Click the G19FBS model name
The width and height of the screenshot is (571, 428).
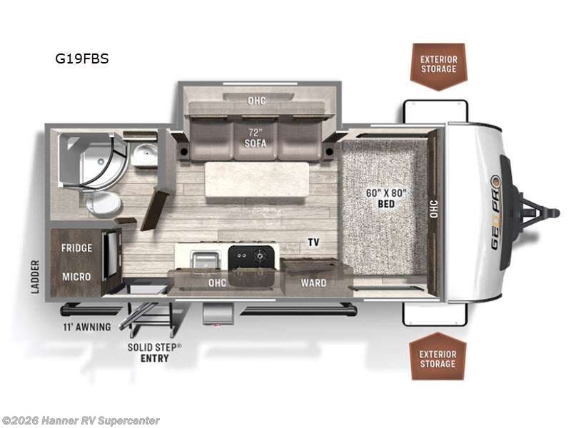(82, 59)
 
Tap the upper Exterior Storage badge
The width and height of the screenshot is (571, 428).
(438, 64)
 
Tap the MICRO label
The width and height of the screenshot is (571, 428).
(75, 276)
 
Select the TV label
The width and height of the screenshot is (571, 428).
(313, 243)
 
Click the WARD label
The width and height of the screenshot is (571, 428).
(313, 283)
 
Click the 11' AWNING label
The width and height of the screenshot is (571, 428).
(86, 327)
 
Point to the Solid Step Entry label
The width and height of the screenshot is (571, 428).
(155, 352)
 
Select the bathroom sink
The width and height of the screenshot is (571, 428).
(145, 153)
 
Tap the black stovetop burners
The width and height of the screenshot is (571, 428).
(252, 257)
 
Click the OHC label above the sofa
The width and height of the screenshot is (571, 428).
(256, 101)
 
